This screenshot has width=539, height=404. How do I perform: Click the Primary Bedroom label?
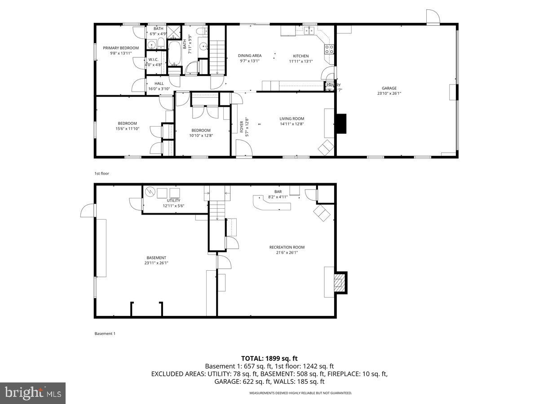click(x=121, y=48)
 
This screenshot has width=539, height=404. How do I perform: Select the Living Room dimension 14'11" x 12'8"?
click(x=292, y=124)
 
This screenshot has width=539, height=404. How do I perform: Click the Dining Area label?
click(x=250, y=56)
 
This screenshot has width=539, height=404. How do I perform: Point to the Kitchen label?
click(x=300, y=56)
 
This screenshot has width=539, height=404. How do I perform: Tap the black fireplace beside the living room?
click(x=341, y=124)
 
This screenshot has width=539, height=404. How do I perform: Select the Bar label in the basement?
click(x=278, y=191)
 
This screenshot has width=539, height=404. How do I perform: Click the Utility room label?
click(x=173, y=200)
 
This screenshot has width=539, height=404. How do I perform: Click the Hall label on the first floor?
click(x=159, y=83)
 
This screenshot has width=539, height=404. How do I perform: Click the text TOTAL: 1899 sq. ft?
click(x=269, y=358)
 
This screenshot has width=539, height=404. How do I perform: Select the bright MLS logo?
click(x=32, y=393)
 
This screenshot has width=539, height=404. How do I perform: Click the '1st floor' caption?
click(x=102, y=173)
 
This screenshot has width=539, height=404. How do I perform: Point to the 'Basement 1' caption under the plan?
click(x=105, y=334)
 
